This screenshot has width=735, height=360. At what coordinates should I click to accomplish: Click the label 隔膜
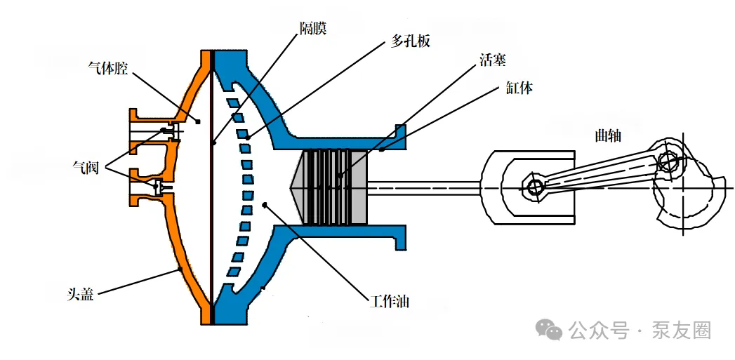pos(313,27)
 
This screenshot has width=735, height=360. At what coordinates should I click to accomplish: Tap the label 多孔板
pos(410,41)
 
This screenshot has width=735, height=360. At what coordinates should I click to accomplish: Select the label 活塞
pos(493,60)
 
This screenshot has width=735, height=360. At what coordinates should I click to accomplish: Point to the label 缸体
pos(519,88)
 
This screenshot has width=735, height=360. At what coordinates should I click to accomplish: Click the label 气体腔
pos(108,69)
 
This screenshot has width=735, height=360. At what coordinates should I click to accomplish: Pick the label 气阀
pos(86,167)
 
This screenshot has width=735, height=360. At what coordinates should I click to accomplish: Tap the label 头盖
pos(80,294)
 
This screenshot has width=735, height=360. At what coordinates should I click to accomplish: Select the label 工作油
pos(389,301)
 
